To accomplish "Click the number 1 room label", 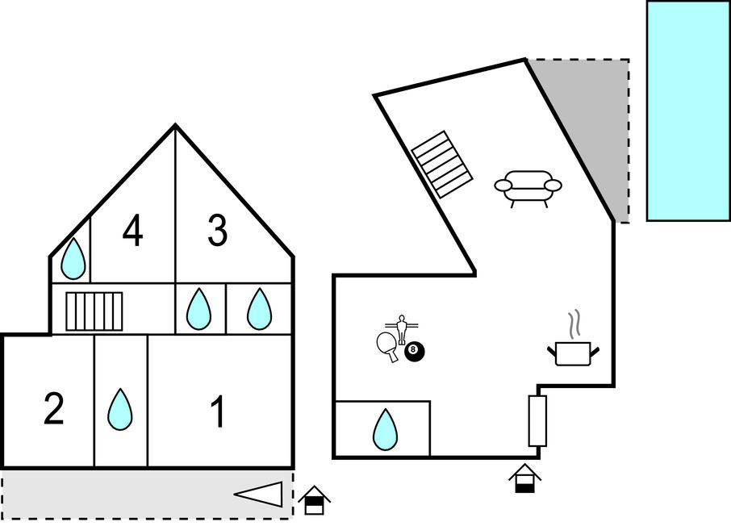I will click(x=218, y=412).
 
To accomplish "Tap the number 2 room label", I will click(x=53, y=409).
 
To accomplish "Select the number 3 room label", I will click(x=217, y=232).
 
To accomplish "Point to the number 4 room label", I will click(x=133, y=232).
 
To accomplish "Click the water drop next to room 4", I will click(x=73, y=258).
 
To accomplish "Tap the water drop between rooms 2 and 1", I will click(x=120, y=409).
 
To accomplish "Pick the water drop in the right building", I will click(x=385, y=429).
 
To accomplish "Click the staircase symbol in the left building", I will click(x=94, y=311).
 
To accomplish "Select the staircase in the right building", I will click(x=441, y=164).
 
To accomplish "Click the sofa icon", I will click(x=528, y=187).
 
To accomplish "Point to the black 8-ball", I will click(x=414, y=351).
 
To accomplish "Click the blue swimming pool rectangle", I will click(x=687, y=111).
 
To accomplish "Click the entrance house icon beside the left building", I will click(x=314, y=500).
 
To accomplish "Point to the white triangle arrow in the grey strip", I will click(x=259, y=494).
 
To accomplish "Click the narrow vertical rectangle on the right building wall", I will click(x=537, y=420).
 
